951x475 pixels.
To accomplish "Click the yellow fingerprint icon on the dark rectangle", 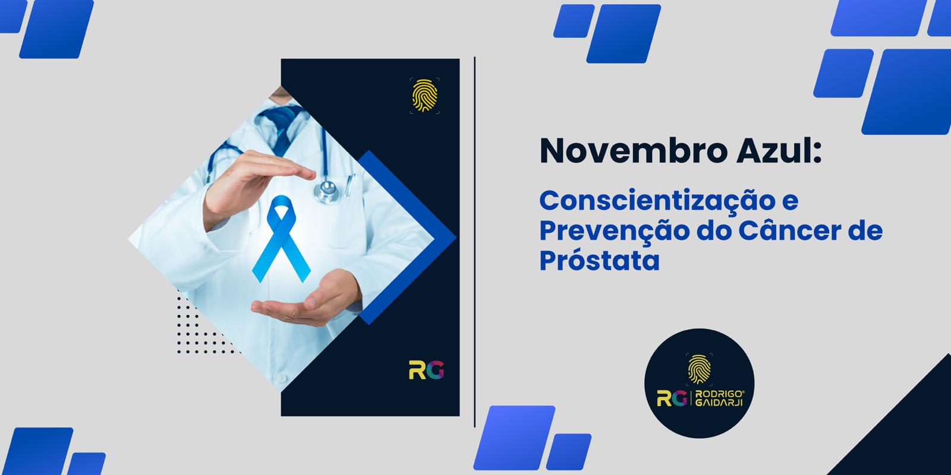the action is tap(424, 96).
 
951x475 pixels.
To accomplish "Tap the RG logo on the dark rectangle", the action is tap(426, 369).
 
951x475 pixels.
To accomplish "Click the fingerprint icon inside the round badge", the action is tap(699, 369).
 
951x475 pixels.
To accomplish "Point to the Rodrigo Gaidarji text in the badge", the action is tap(720, 398).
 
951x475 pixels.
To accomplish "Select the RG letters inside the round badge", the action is tap(672, 398).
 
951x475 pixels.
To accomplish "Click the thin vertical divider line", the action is tap(474, 242).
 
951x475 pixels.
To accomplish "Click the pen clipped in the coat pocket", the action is tap(350, 185).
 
